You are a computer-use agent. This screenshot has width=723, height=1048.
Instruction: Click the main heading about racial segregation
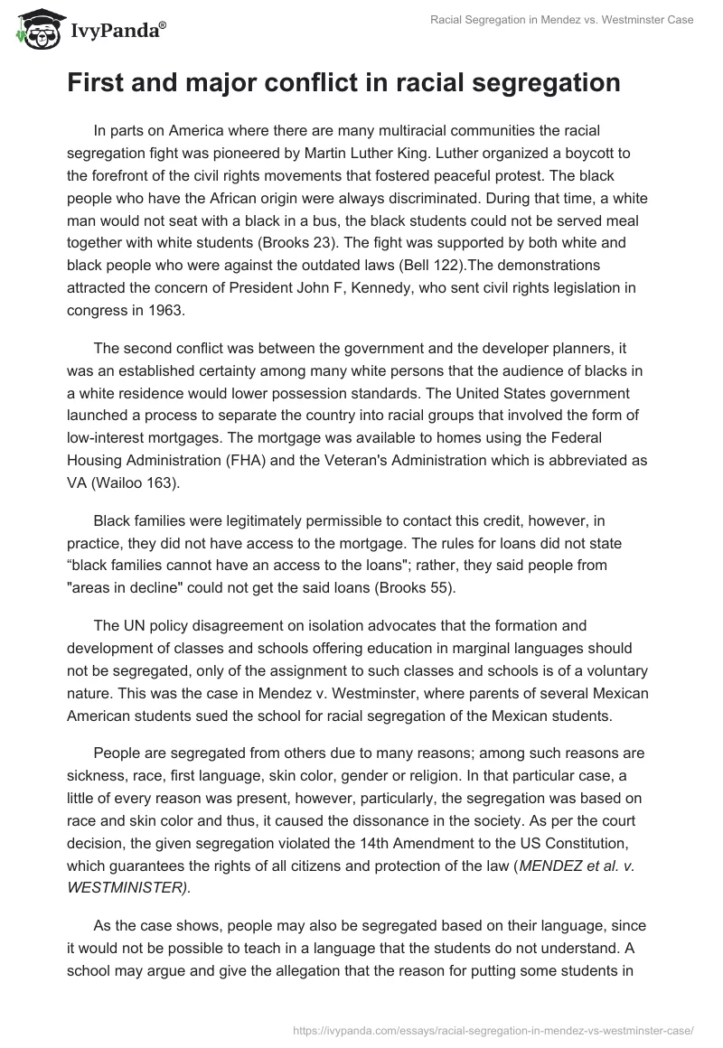pyautogui.click(x=343, y=82)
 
